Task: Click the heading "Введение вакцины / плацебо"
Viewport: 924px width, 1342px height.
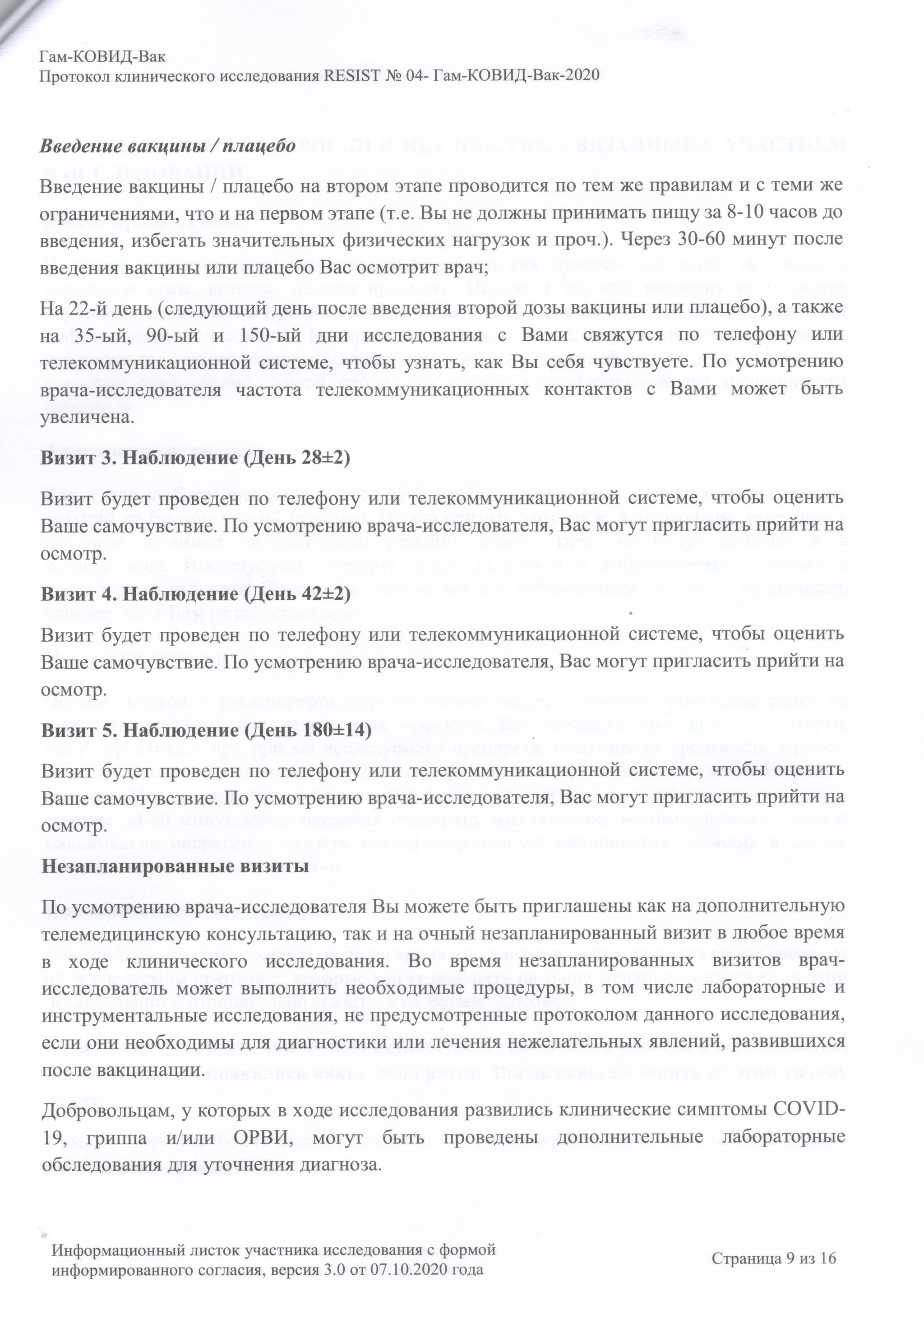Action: click(x=168, y=145)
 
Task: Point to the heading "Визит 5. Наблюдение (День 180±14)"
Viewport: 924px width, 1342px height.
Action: click(x=206, y=731)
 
